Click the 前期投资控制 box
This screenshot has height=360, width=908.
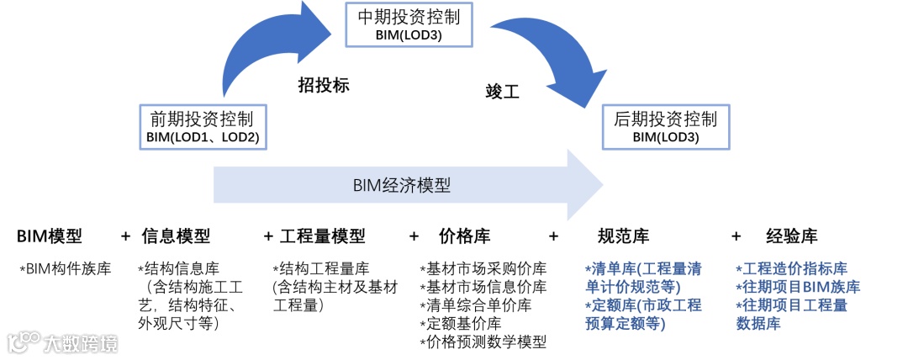coord(202,127)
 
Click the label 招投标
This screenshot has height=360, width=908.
coord(324,85)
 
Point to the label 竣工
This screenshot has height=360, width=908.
coord(503,92)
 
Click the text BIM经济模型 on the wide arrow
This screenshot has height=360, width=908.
coord(400,185)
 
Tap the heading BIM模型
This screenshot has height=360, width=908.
coord(50,236)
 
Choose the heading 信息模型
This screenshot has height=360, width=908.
coord(176,236)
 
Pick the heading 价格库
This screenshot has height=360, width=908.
coord(465,236)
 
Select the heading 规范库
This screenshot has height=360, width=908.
coord(622,236)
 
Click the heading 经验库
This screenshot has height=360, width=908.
coord(792,236)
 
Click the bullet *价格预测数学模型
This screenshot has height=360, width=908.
coord(483,341)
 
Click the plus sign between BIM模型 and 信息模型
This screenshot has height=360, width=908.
coord(125,236)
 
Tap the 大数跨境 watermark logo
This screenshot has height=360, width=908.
coord(62,342)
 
